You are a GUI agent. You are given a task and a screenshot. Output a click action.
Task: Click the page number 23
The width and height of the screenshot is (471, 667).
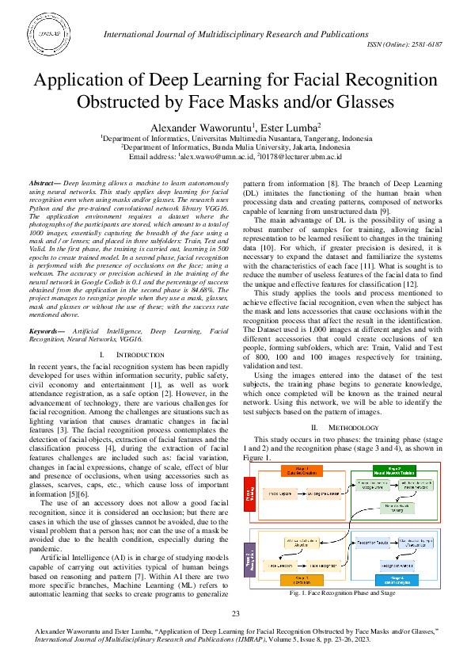coord(235,615)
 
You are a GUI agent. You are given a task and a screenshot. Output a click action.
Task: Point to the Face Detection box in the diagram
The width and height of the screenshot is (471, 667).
coord(283,566)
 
